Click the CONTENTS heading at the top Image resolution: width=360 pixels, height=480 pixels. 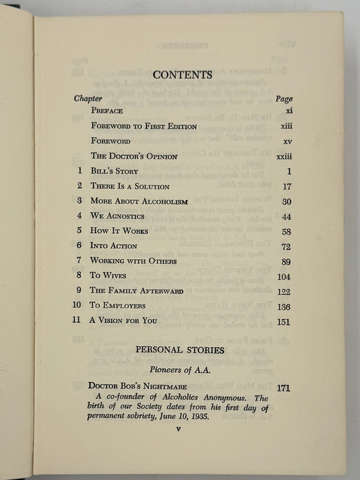coord(182,75)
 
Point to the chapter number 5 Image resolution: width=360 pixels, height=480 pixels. coord(80,231)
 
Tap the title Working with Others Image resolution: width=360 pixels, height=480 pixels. coord(134,261)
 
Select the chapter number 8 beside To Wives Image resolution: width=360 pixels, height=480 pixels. coord(80,276)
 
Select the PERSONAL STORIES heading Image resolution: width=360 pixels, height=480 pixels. coord(181,350)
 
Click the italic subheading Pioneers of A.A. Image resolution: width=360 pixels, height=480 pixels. coord(181,368)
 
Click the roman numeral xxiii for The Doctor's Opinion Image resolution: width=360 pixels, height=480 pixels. coord(283,156)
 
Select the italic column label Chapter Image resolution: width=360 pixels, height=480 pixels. coord(88,98)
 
